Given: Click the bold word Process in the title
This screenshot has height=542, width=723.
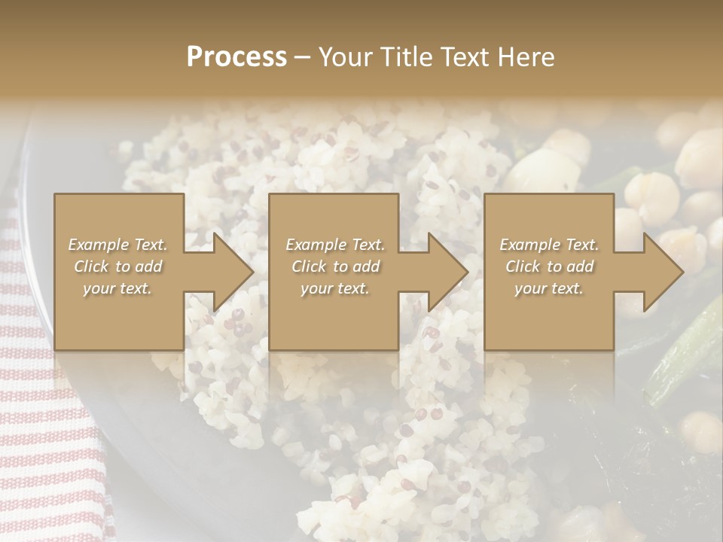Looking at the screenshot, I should tap(236, 57).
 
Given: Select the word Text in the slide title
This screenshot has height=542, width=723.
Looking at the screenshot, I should tap(464, 57).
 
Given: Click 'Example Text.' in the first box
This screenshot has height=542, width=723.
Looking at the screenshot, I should tap(118, 245).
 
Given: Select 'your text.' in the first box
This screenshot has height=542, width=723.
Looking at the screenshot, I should tap(118, 288).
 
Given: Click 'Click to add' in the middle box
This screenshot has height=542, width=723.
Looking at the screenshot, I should tap(335, 266).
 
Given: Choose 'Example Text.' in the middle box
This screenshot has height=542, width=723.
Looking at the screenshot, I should tap(335, 245).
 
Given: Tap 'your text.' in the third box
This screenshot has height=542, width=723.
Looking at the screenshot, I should tap(549, 288).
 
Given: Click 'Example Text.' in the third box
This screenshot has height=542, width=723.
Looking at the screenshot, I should tap(549, 245).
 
